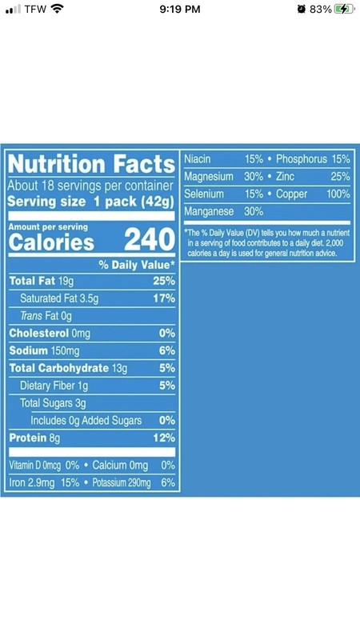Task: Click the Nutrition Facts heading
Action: point(91,164)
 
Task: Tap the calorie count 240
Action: point(150,239)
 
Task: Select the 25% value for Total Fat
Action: point(164,281)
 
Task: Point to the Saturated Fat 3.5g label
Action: point(59,298)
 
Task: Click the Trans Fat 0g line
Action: point(46,316)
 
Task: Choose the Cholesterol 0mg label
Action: point(50,334)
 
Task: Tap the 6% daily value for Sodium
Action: point(167,350)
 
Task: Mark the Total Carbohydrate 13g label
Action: point(68,368)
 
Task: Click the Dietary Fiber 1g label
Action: point(54,386)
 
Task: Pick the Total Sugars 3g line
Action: point(53,403)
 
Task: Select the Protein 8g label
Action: point(34,438)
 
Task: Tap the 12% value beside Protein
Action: point(164,438)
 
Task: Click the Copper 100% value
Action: point(338,194)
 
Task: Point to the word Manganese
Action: point(209,211)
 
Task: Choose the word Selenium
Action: point(204,194)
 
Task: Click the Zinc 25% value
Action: point(341,176)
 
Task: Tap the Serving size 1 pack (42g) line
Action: point(90,202)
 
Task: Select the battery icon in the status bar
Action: point(345,10)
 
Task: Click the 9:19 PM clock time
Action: point(180,10)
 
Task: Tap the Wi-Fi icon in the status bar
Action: point(57,9)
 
